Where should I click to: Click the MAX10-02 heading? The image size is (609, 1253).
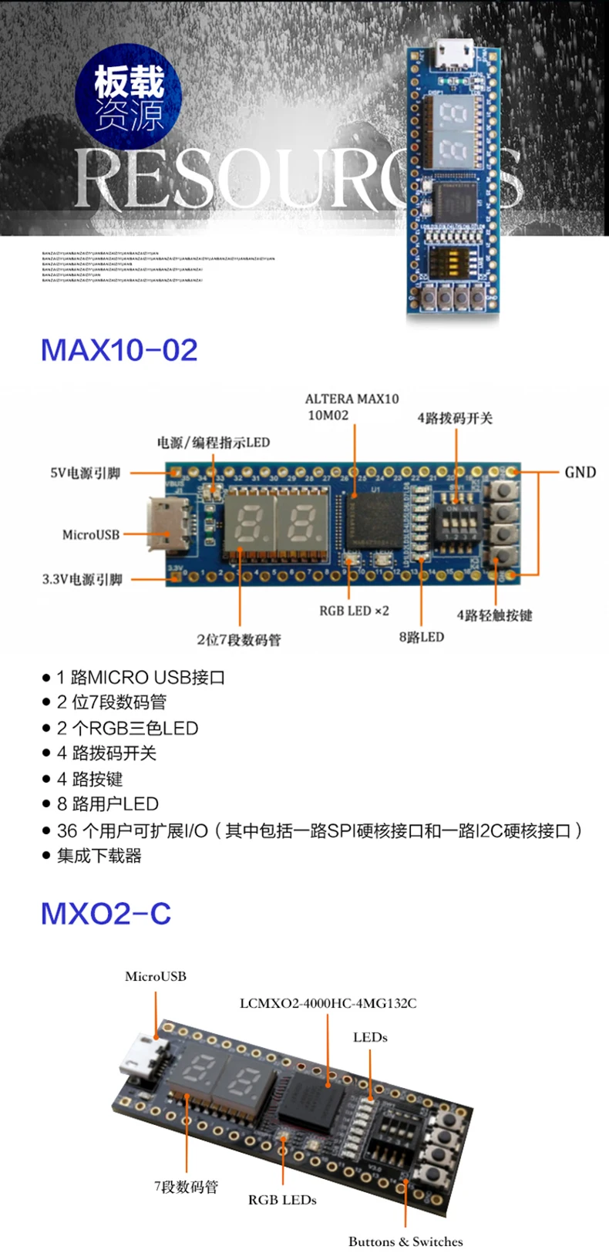[x=119, y=350]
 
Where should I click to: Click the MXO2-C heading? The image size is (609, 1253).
[x=106, y=914]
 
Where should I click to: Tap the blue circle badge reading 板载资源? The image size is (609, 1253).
[x=129, y=98]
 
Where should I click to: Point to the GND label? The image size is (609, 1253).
[x=580, y=472]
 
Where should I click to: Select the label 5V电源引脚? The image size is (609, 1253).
[x=85, y=473]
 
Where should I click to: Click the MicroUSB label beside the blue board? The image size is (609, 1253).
[x=90, y=534]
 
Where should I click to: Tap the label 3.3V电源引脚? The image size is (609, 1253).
[x=82, y=579]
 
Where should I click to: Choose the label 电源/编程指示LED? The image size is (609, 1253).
[x=214, y=442]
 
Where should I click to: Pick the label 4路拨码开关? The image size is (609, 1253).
[x=455, y=418]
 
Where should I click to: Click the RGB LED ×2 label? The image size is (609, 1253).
[x=354, y=611]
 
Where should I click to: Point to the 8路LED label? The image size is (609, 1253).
[x=421, y=637]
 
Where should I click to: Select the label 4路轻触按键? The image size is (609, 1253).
[x=494, y=615]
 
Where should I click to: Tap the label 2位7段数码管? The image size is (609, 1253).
[x=239, y=639]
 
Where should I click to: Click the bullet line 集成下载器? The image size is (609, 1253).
[x=99, y=855]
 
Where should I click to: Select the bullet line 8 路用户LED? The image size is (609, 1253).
[x=107, y=804]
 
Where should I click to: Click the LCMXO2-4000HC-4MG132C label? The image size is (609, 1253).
[x=328, y=1003]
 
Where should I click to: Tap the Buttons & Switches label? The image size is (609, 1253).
[x=405, y=1241]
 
